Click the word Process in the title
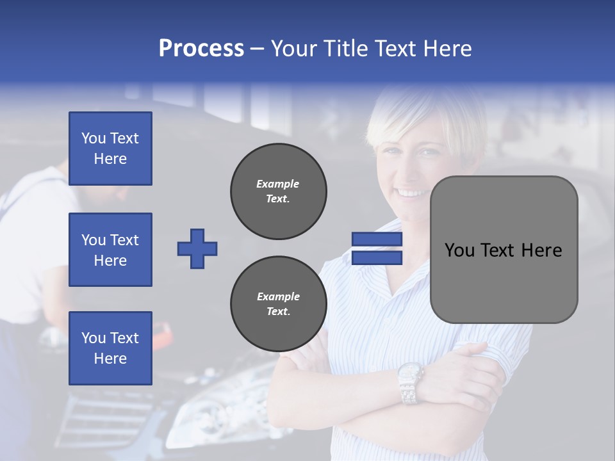pyautogui.click(x=201, y=49)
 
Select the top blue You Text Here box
pyautogui.click(x=110, y=149)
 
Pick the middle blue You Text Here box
pyautogui.click(x=110, y=250)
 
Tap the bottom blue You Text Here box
pyautogui.click(x=110, y=348)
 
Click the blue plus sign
pyautogui.click(x=197, y=248)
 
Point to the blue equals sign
pyautogui.click(x=377, y=248)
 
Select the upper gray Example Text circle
pyautogui.click(x=278, y=191)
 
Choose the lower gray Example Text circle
pyautogui.click(x=278, y=304)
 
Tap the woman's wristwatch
pyautogui.click(x=410, y=382)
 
